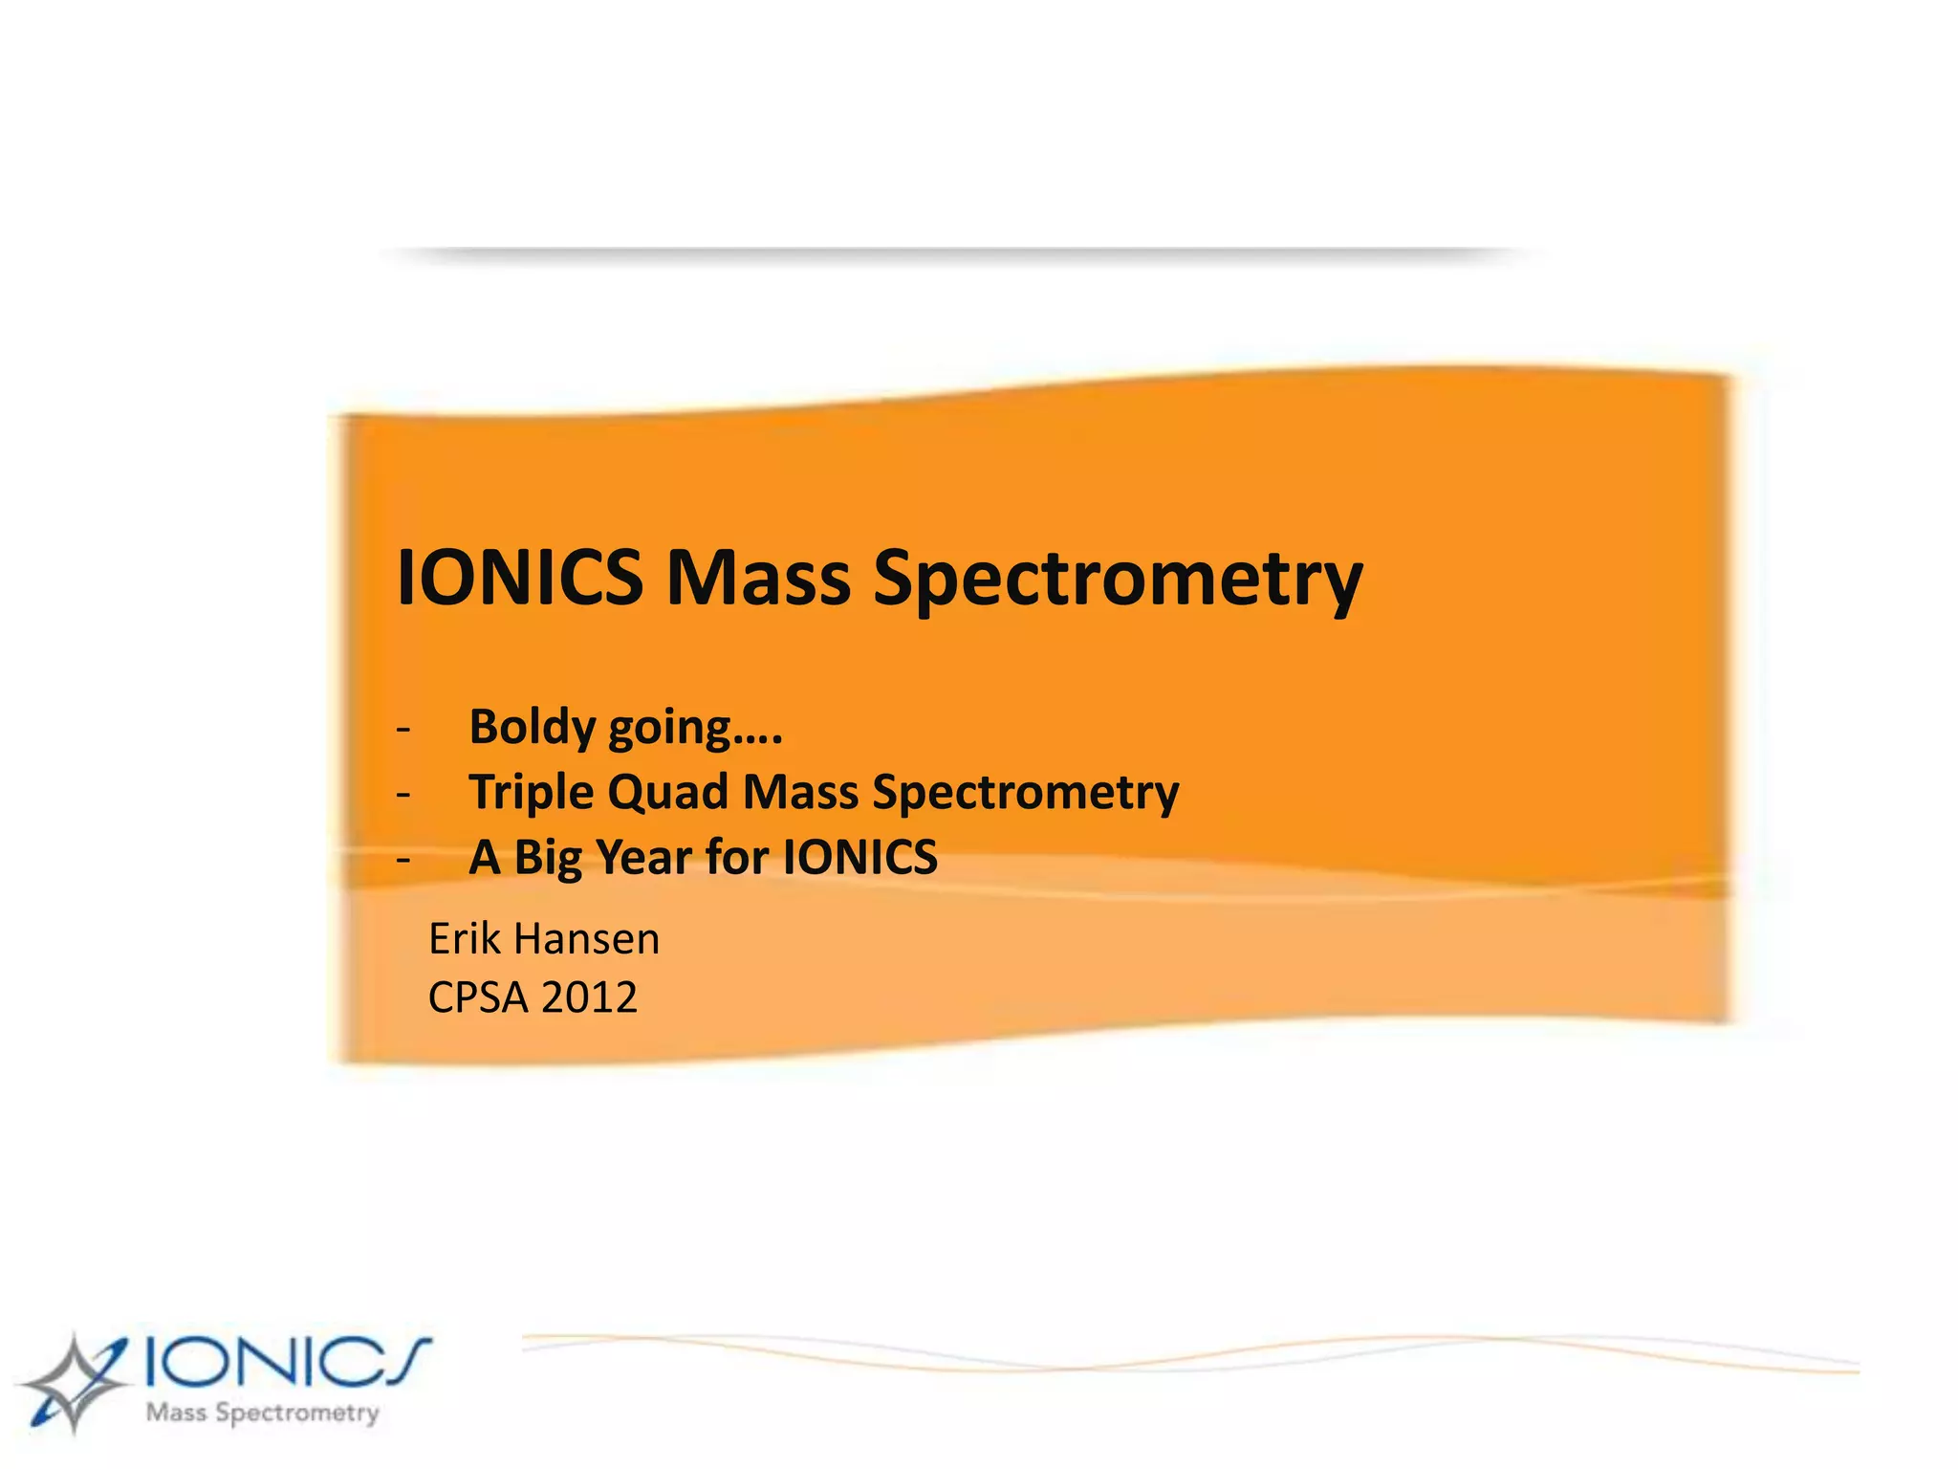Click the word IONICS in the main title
(519, 578)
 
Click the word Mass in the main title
(758, 578)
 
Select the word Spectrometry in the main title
(1118, 580)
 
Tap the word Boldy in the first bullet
(533, 728)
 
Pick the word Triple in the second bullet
(531, 794)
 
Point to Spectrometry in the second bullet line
(1026, 794)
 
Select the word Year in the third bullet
(643, 857)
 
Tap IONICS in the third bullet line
(859, 857)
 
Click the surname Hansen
(586, 939)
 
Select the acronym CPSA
(477, 998)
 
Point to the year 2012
(589, 998)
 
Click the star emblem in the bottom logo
(72, 1383)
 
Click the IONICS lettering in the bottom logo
(287, 1360)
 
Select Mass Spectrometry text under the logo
(263, 1413)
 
